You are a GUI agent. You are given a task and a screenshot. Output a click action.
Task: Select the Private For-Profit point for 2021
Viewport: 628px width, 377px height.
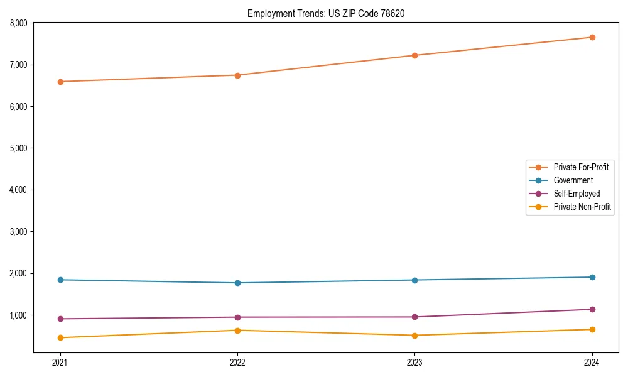60,82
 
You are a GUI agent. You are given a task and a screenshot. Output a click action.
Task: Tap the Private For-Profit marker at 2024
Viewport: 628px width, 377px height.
592,37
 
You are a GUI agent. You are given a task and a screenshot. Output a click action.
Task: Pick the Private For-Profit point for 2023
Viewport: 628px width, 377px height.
414,55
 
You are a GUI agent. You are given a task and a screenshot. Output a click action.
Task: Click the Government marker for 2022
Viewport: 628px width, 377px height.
237,283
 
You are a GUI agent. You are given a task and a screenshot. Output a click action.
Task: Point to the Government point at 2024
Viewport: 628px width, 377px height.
592,277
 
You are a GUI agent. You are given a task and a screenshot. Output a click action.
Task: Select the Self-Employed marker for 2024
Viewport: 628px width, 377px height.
592,309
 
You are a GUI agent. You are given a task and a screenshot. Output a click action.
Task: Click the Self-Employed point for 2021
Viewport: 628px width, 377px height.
60,319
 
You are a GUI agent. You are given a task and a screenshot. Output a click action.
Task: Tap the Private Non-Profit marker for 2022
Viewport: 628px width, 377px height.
237,331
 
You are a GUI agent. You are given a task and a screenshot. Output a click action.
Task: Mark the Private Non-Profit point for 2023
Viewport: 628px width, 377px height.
414,336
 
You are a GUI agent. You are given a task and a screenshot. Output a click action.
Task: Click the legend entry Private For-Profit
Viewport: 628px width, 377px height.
581,167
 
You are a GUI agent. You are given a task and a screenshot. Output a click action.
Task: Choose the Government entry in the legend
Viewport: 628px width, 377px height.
573,180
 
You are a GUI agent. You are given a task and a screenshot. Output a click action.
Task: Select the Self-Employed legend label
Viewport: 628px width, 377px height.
577,194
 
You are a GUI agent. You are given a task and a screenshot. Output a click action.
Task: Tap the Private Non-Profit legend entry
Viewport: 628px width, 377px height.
582,207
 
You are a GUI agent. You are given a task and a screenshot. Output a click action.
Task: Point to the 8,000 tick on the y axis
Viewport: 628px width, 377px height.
19,23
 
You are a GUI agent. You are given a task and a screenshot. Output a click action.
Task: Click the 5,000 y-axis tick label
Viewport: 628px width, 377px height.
19,148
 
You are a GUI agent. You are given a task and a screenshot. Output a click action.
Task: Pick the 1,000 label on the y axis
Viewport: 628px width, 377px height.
19,315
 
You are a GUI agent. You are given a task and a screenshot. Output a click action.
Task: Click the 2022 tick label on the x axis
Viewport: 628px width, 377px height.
237,362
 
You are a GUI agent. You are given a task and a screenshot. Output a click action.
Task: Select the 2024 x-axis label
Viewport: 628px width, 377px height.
592,362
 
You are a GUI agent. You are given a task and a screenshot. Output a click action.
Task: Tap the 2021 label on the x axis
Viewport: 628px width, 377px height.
60,362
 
